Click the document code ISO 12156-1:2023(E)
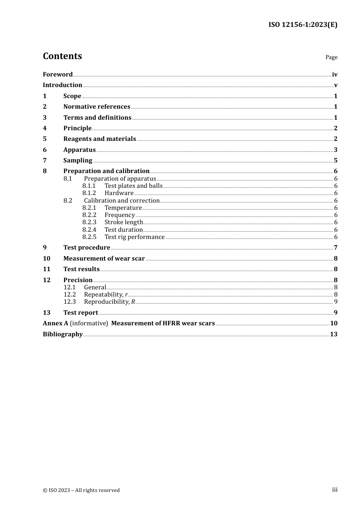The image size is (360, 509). click(x=303, y=25)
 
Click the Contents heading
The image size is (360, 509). click(x=62, y=56)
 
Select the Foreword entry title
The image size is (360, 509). click(x=58, y=75)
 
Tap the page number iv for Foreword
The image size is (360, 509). click(x=334, y=75)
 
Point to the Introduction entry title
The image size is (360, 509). click(x=63, y=85)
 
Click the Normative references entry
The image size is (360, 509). click(x=97, y=107)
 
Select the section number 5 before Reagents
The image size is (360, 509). click(x=45, y=139)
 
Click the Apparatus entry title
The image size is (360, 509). click(x=79, y=150)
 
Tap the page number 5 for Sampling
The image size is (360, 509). click(x=335, y=161)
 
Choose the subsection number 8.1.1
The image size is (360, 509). click(x=89, y=186)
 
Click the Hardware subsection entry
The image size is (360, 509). click(x=119, y=193)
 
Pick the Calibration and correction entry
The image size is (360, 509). click(x=122, y=201)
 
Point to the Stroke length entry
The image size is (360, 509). click(x=124, y=222)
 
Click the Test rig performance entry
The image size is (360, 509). click(x=135, y=237)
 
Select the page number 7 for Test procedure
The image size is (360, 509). click(x=335, y=248)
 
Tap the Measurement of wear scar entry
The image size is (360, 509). click(x=104, y=259)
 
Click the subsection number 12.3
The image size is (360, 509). click(x=70, y=302)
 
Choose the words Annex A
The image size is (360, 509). click(x=55, y=323)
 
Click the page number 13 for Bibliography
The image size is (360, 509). click(x=333, y=334)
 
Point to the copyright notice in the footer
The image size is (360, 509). click(x=81, y=490)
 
